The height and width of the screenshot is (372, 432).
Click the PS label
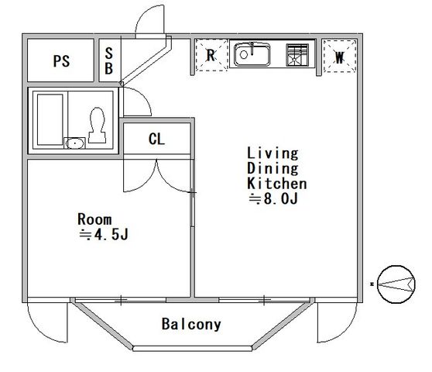coord(61,61)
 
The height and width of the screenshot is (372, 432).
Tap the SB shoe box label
coord(109,61)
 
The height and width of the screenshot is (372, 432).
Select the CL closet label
coord(156,139)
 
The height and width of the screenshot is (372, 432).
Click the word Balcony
coord(191,324)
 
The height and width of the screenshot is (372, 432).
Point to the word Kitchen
coord(276,184)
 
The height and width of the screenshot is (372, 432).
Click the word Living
coord(273,153)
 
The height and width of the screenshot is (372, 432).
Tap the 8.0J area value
coord(281,198)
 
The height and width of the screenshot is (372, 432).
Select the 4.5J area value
coord(111,235)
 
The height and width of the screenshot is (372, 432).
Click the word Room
coord(94,219)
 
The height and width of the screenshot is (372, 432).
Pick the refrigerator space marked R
coord(211,55)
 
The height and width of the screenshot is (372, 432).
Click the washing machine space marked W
coord(340,57)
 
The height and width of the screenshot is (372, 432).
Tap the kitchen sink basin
coord(252,54)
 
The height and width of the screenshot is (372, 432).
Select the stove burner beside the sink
coord(297,55)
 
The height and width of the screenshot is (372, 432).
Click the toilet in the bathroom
coord(97,125)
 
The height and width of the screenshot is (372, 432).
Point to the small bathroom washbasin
coord(74,143)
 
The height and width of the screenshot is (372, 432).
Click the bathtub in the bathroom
coord(50,119)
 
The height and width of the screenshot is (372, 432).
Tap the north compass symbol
coord(396,284)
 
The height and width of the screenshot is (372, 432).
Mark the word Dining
coord(273,168)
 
